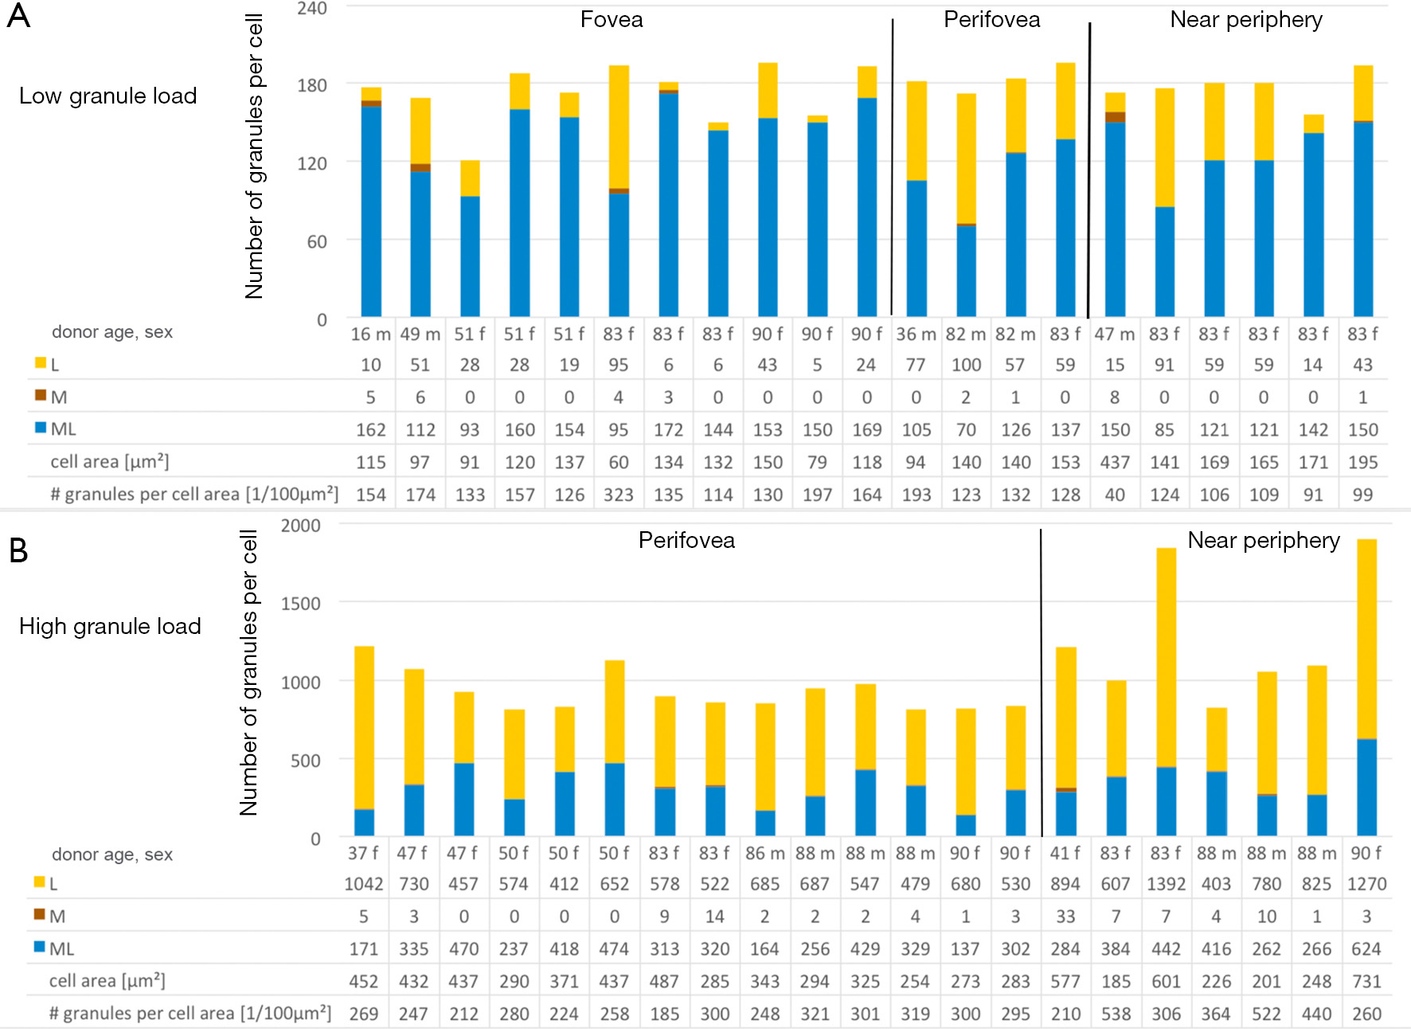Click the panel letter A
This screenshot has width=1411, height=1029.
click(x=18, y=16)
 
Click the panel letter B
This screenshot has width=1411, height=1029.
click(x=18, y=550)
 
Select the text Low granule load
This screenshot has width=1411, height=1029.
click(x=107, y=96)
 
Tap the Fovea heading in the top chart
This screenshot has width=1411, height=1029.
click(x=611, y=20)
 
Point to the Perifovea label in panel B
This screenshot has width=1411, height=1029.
click(x=686, y=541)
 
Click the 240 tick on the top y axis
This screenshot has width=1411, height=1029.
click(x=312, y=9)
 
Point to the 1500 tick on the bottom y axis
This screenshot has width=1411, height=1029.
click(x=300, y=604)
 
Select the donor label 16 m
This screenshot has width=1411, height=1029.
click(x=370, y=335)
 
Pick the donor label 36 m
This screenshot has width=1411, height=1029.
click(x=916, y=335)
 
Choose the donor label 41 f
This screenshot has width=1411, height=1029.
click(x=1065, y=853)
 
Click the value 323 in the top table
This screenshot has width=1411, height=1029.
click(x=619, y=495)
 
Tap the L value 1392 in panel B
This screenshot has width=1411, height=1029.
click(x=1166, y=885)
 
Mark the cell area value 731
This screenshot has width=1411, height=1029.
click(x=1366, y=982)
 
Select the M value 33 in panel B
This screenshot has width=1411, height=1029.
click(x=1065, y=917)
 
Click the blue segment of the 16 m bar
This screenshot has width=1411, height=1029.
click(x=371, y=211)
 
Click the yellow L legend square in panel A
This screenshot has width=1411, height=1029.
click(x=41, y=363)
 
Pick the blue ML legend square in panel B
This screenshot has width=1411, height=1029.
click(x=39, y=947)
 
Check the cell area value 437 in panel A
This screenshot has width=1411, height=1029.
click(x=1115, y=463)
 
